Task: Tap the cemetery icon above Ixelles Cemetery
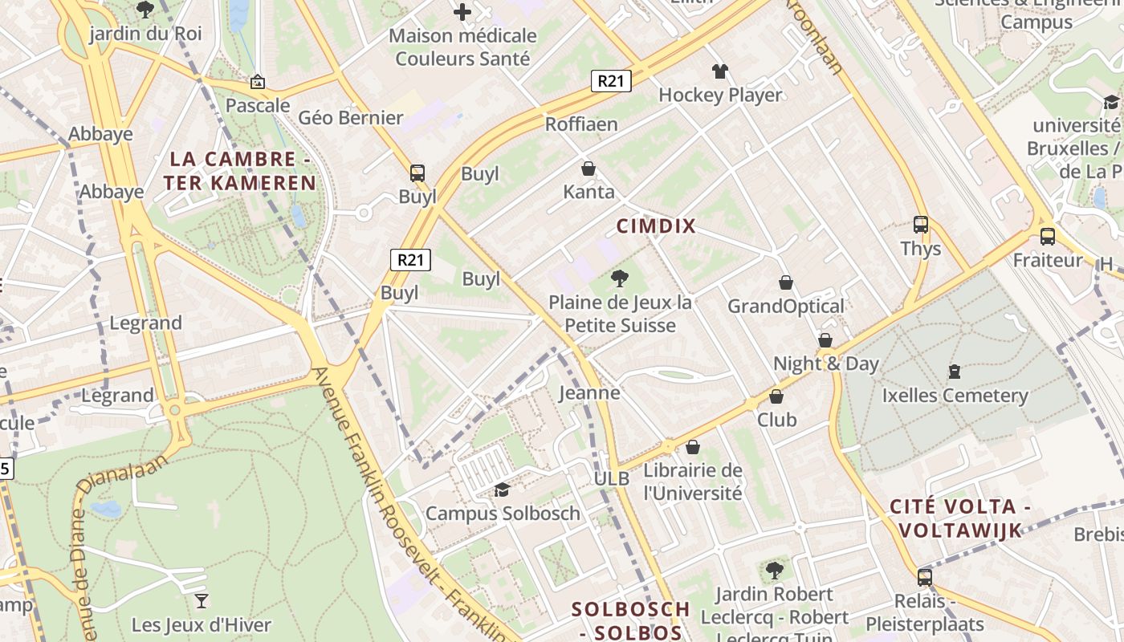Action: (x=955, y=372)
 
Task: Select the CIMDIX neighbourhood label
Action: (x=656, y=226)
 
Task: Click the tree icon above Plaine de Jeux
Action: (x=619, y=278)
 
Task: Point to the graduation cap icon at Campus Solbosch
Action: (x=502, y=490)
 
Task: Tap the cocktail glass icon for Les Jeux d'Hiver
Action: (x=202, y=600)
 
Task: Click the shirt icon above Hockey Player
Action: (x=719, y=71)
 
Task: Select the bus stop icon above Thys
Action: (x=921, y=225)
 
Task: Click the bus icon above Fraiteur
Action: (x=1048, y=236)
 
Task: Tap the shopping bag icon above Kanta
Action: (x=588, y=169)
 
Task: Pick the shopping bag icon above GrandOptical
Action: (x=786, y=282)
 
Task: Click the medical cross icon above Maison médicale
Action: (x=462, y=12)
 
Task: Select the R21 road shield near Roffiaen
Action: (x=611, y=80)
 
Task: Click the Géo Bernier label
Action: (x=350, y=118)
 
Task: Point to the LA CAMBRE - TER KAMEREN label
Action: (x=240, y=171)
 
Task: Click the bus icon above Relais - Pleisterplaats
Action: (x=925, y=577)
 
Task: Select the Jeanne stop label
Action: (x=589, y=392)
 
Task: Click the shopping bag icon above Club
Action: (x=776, y=396)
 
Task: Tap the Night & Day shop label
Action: (x=826, y=364)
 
